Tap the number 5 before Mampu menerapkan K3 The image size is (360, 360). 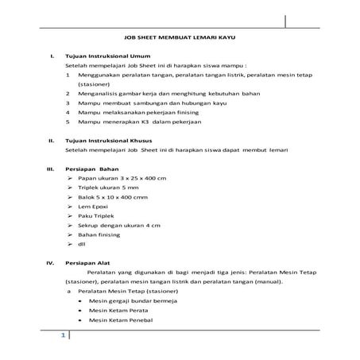pos(68,123)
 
